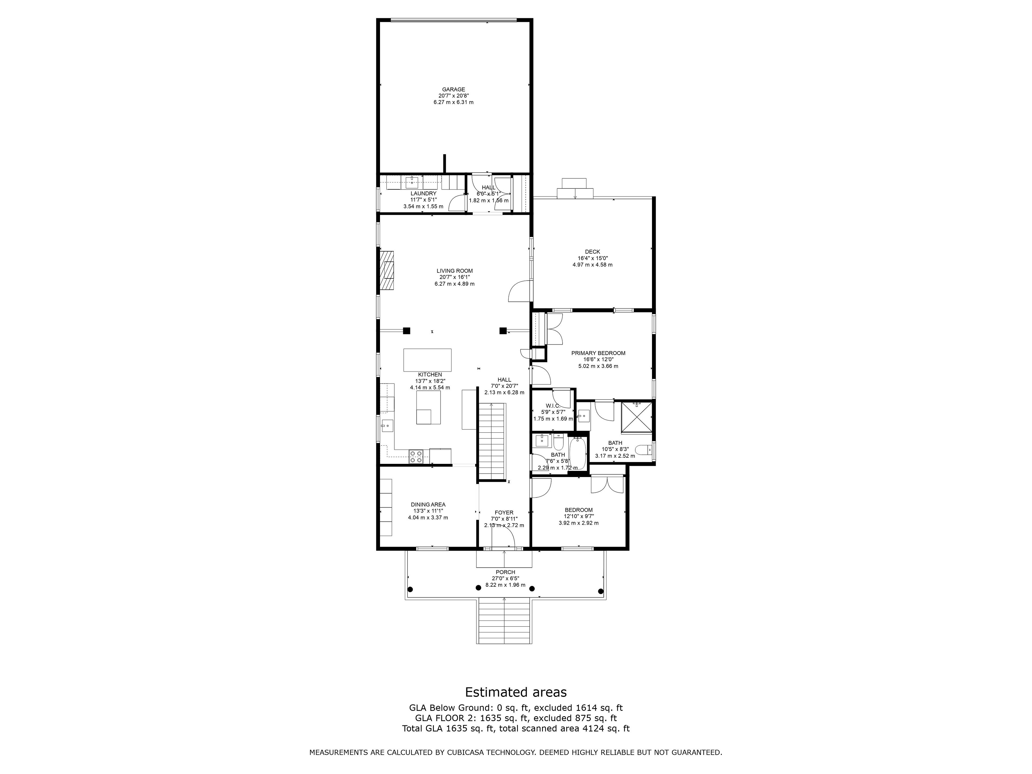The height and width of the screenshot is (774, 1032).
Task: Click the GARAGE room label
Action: [453, 89]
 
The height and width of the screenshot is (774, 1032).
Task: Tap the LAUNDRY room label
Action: [424, 193]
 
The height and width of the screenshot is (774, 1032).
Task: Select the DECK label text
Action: [593, 252]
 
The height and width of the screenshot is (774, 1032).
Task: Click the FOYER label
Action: [504, 513]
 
